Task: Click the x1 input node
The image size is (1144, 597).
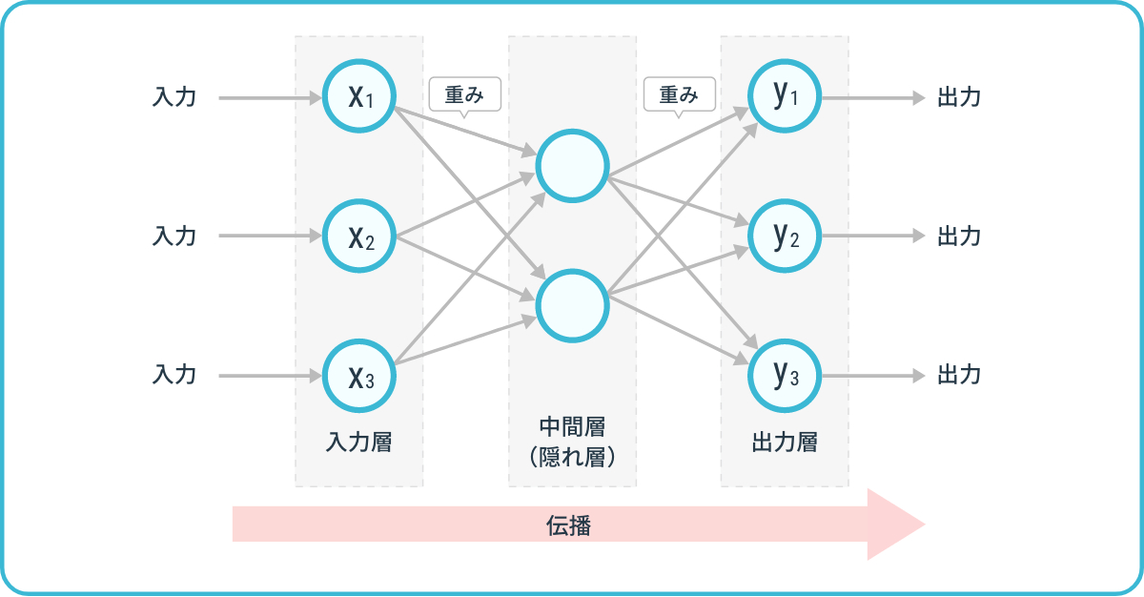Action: pyautogui.click(x=359, y=97)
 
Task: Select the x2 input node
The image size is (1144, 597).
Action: pyautogui.click(x=359, y=236)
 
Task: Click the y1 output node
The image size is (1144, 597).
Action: pyautogui.click(x=785, y=95)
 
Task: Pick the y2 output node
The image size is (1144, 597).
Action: pyautogui.click(x=785, y=236)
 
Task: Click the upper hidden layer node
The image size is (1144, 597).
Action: pyautogui.click(x=572, y=166)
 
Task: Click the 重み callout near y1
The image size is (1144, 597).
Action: pyautogui.click(x=679, y=94)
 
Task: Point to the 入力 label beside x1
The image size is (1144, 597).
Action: pyautogui.click(x=174, y=97)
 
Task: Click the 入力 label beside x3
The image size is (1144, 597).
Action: pyautogui.click(x=174, y=375)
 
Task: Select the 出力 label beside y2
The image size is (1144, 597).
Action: pyautogui.click(x=959, y=236)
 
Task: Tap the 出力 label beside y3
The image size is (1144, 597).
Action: pyautogui.click(x=959, y=375)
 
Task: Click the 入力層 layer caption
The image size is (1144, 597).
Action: pyautogui.click(x=358, y=443)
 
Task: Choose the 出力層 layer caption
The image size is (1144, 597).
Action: pyautogui.click(x=785, y=443)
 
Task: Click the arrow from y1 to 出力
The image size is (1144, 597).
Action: pyautogui.click(x=872, y=97)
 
